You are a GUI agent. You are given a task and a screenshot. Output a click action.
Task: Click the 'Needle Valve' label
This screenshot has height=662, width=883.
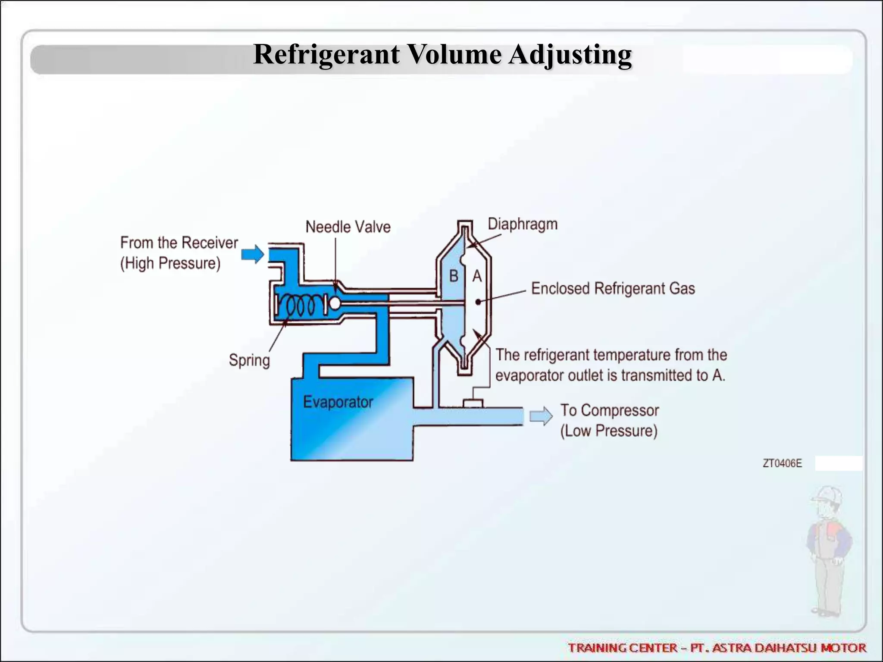(348, 227)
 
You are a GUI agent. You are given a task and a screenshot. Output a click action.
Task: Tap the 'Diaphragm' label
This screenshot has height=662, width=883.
(522, 224)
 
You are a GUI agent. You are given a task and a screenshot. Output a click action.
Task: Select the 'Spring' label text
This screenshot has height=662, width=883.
(249, 360)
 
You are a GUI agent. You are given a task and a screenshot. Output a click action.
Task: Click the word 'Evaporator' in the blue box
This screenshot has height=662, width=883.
(338, 402)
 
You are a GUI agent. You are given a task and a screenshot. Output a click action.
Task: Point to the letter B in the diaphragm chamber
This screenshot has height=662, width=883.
(454, 276)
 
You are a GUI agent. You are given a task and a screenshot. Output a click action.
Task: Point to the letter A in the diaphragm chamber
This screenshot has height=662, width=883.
(477, 276)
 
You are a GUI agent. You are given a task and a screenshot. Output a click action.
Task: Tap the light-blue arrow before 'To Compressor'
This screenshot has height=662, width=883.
(541, 416)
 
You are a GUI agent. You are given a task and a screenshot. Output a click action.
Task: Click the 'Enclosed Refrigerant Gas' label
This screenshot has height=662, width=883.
(613, 288)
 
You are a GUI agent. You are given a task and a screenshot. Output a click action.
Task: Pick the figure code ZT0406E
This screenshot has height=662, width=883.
(782, 463)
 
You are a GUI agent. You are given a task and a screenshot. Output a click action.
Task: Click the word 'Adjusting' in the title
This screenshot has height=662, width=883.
(570, 55)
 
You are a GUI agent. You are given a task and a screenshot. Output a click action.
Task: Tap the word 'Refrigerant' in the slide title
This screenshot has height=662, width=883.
(326, 55)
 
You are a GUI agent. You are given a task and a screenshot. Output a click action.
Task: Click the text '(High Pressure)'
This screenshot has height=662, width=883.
(170, 263)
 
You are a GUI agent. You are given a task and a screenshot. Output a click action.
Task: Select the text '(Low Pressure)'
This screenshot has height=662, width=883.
(609, 431)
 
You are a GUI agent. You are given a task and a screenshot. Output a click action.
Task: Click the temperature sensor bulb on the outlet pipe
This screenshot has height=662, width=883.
(473, 403)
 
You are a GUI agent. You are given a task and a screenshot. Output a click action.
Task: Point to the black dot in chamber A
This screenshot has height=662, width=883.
(478, 302)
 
